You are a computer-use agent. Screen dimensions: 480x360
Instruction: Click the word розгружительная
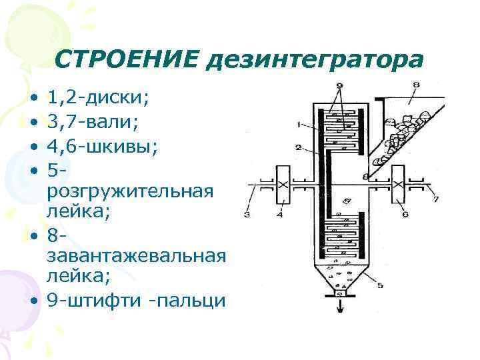(x=131, y=191)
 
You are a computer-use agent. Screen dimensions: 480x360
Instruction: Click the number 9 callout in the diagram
(x=340, y=85)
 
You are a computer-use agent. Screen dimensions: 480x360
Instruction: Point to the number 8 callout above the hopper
(x=415, y=85)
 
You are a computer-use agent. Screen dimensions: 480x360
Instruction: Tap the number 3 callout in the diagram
(x=247, y=215)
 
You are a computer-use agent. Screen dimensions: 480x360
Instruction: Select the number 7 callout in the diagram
(x=435, y=199)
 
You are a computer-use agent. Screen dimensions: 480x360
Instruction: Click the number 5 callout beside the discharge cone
(x=381, y=285)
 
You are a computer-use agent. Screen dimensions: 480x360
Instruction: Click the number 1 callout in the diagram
(x=300, y=123)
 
